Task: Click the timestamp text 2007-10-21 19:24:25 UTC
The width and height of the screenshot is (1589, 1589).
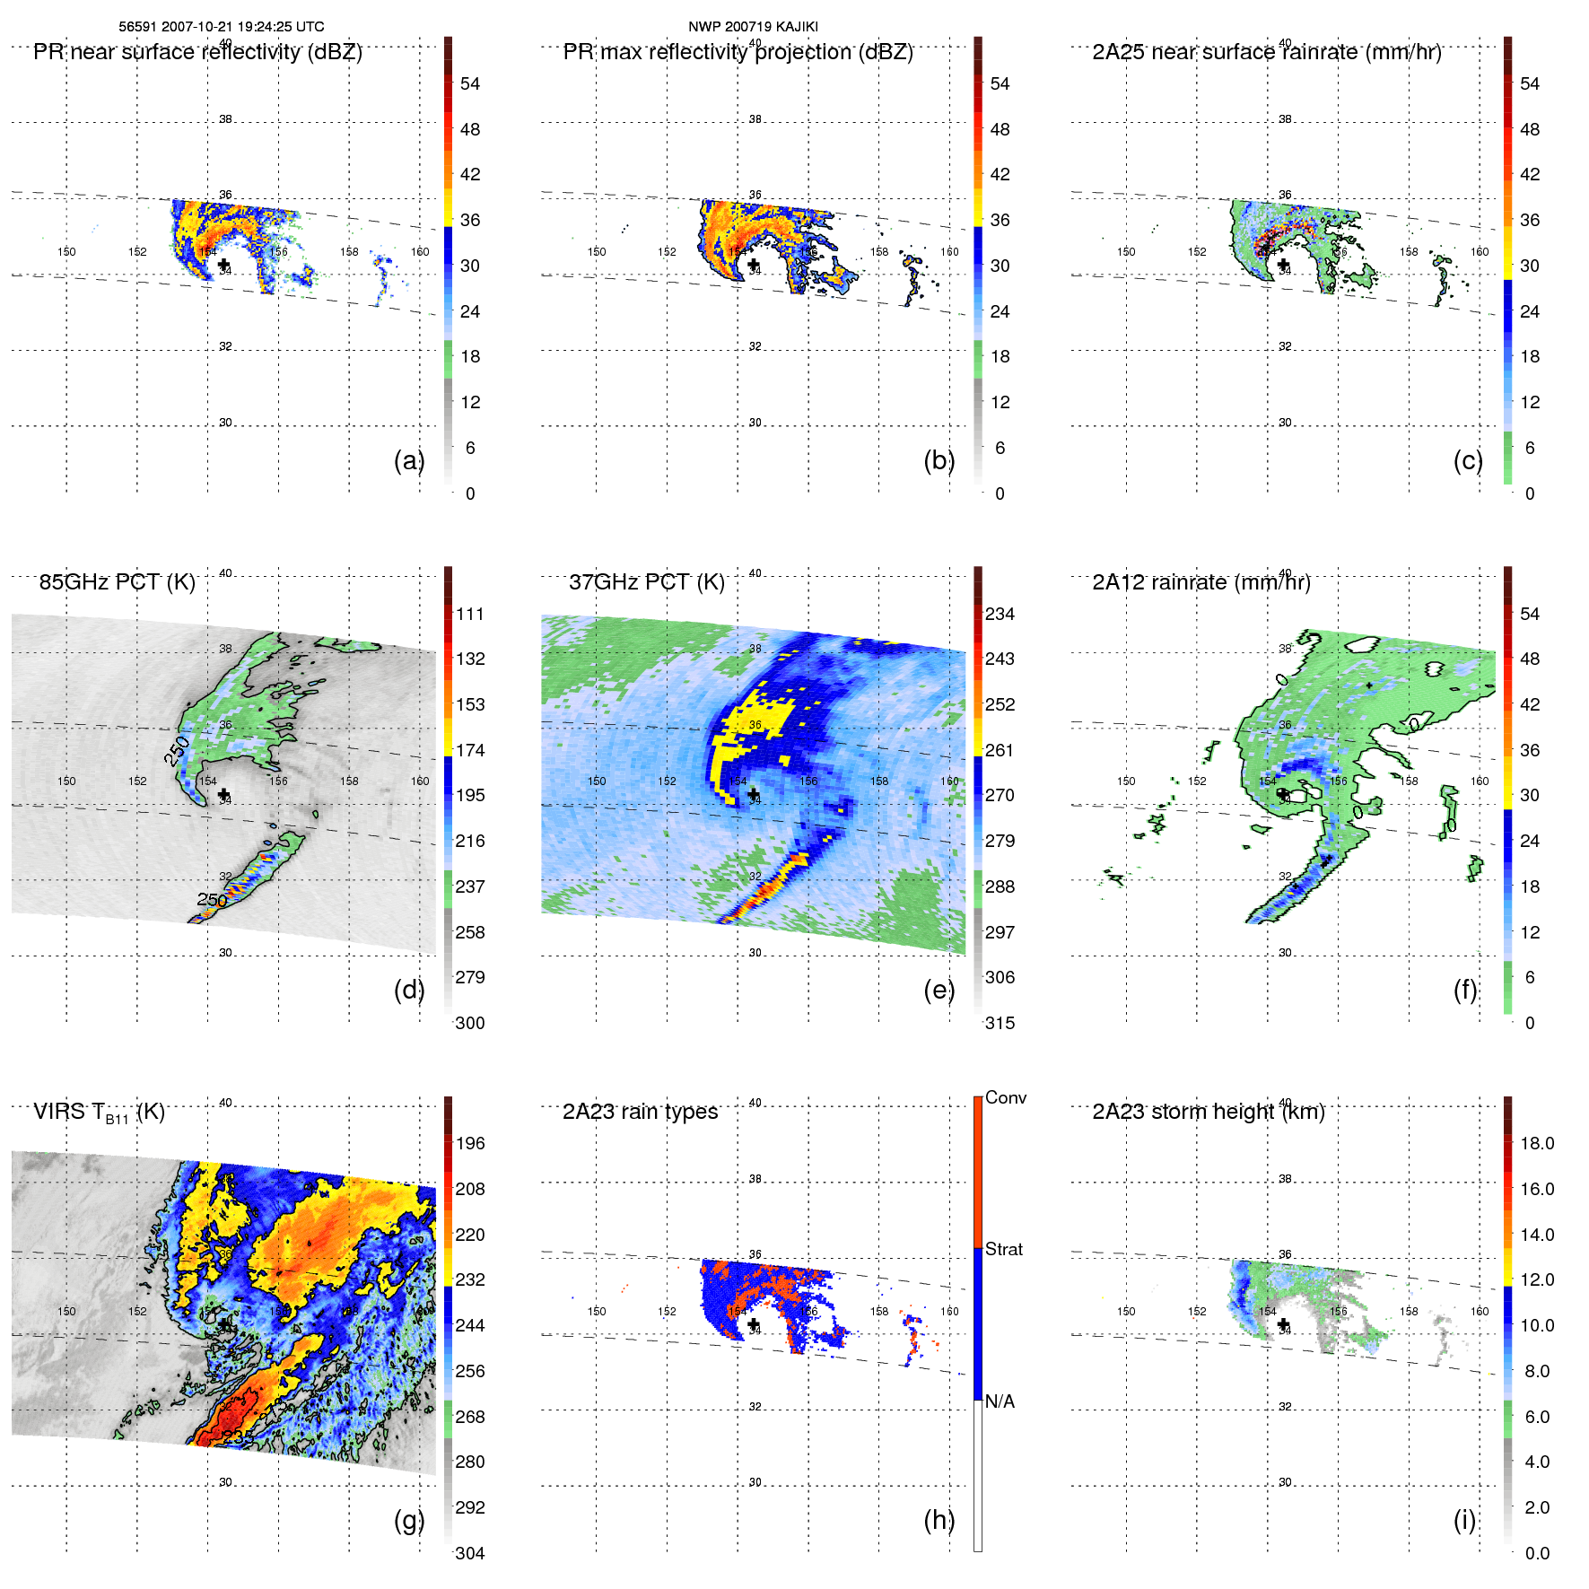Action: [x=242, y=27]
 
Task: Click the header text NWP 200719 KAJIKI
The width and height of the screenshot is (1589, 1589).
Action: [x=753, y=27]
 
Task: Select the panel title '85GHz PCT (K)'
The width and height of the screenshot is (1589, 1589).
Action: [x=117, y=582]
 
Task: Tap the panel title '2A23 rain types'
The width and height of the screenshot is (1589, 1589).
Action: [x=640, y=1112]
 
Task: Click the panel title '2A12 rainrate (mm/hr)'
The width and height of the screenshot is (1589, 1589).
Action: [x=1200, y=582]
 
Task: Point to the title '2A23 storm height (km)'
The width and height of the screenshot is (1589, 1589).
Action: [x=1208, y=1112]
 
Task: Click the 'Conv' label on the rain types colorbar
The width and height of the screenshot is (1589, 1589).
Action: [x=1006, y=1097]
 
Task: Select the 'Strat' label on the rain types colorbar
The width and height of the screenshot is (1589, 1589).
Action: [x=1004, y=1249]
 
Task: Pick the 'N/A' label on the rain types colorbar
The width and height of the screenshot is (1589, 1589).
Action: [x=1000, y=1401]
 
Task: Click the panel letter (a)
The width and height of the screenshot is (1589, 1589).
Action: [x=409, y=460]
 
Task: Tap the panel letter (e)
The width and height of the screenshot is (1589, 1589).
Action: [x=939, y=990]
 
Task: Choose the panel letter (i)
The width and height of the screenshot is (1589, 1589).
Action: [x=1464, y=1520]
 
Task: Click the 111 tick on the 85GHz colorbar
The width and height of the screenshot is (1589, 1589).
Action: [x=469, y=614]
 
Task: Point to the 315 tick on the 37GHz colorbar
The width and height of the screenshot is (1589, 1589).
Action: [x=1000, y=1023]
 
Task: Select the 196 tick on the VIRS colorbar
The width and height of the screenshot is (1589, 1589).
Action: [x=469, y=1143]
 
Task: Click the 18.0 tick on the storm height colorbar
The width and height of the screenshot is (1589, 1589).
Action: [x=1537, y=1143]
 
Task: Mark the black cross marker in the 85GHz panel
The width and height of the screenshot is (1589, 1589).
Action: [x=223, y=795]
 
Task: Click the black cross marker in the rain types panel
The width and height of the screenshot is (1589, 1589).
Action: [x=753, y=1324]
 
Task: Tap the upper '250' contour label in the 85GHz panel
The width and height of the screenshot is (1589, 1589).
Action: [x=177, y=750]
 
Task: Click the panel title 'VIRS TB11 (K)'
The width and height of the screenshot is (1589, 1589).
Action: [x=99, y=1113]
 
